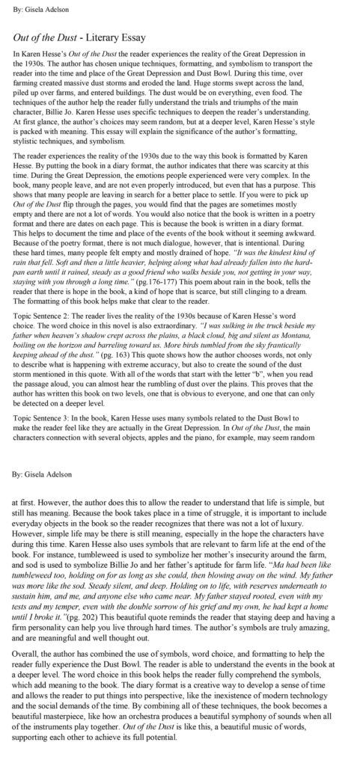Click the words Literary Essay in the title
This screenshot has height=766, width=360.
(119, 36)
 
